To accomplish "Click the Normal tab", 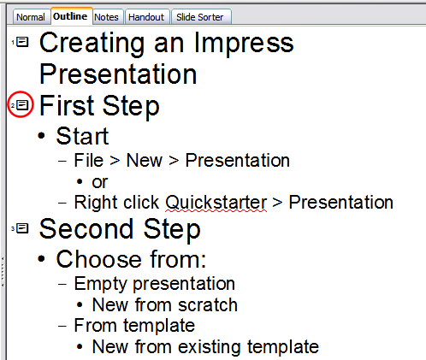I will (x=30, y=17).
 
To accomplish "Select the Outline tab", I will (x=70, y=16).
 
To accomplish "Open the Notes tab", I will (x=107, y=17).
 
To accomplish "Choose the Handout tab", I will (x=146, y=17).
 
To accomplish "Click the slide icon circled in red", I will (x=23, y=105).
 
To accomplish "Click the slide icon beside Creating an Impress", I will (x=23, y=42).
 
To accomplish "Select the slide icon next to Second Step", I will (x=23, y=227).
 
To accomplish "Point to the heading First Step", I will (x=99, y=106).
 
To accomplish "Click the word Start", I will (x=82, y=137).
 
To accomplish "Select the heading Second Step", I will (x=120, y=228).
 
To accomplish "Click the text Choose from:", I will (x=131, y=259).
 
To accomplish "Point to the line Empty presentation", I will (x=154, y=282).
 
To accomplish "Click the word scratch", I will (x=209, y=304).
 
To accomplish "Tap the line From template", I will (x=134, y=325).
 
